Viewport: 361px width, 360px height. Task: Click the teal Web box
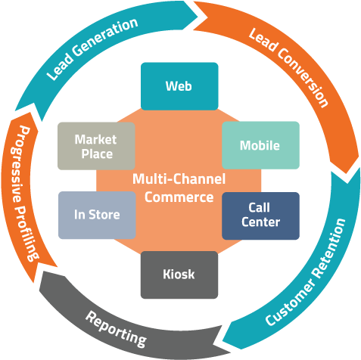tap(179, 85)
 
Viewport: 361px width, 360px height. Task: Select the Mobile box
tap(260, 145)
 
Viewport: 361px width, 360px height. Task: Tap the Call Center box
tap(260, 215)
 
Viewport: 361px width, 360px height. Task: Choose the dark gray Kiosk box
tap(179, 274)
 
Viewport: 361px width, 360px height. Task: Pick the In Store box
tap(96, 215)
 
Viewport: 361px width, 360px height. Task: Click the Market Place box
tap(96, 146)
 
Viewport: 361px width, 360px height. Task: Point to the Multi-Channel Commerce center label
tap(179, 188)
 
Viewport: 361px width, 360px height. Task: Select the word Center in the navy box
tap(260, 222)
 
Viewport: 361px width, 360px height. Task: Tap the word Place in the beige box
tap(95, 154)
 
